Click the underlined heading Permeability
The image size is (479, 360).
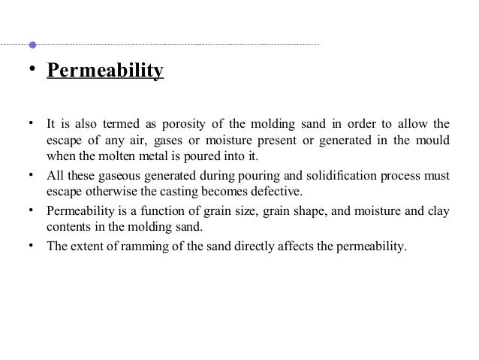point(105,72)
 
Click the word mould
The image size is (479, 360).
point(434,140)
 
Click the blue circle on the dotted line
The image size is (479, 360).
point(32,44)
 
